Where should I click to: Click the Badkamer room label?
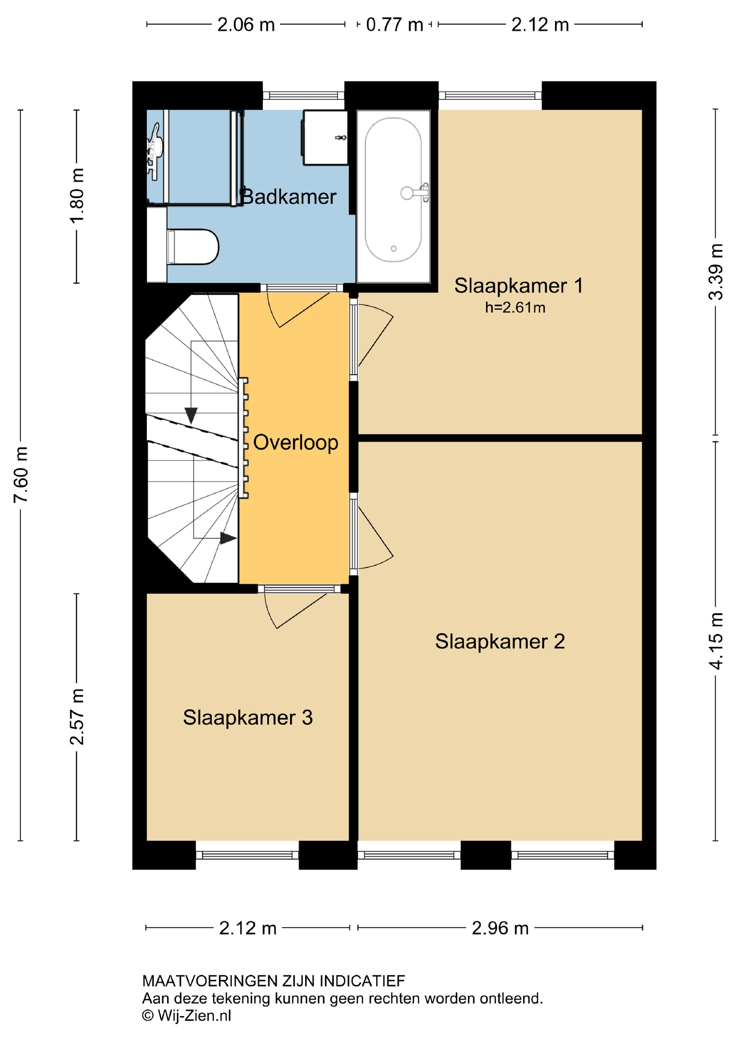288,197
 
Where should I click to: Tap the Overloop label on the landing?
296,442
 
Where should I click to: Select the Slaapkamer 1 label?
519,286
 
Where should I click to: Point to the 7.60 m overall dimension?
21,474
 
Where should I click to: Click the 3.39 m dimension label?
716,272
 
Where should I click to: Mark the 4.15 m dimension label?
716,641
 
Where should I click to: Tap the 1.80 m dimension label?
77,195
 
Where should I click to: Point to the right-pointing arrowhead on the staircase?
228,538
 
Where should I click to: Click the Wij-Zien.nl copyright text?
187,1016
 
